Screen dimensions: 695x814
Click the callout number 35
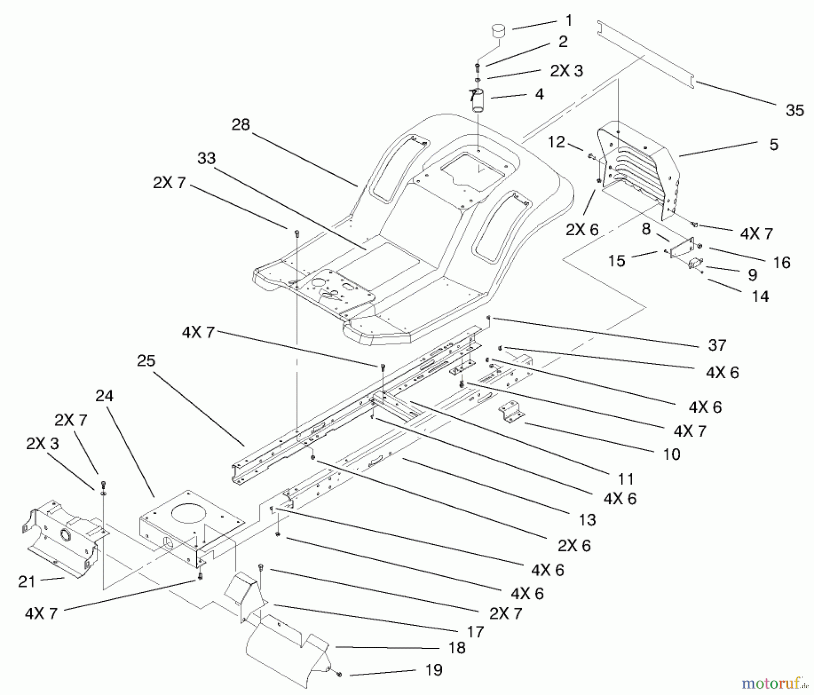pos(795,110)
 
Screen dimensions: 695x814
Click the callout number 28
pos(240,124)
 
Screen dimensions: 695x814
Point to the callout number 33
pos(206,158)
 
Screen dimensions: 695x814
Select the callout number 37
pos(717,345)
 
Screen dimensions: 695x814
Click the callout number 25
pos(146,361)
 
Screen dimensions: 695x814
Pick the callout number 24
pos(104,396)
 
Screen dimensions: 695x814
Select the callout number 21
pos(27,581)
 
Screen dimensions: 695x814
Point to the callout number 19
pos(434,670)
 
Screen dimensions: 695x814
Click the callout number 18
pos(457,647)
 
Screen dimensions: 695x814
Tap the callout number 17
pos(475,631)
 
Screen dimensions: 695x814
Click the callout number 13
pos(587,520)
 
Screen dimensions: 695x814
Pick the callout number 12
pos(556,142)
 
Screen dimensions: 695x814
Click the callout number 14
pos(760,296)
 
